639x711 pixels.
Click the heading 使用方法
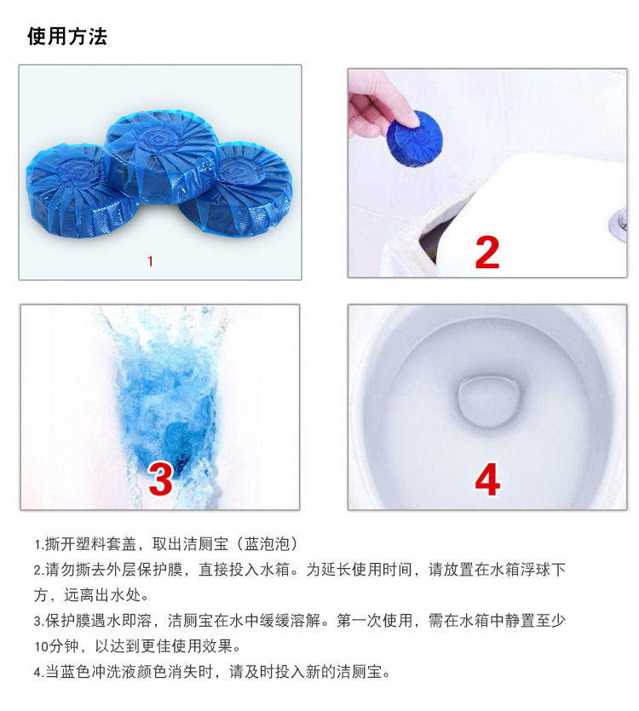click(x=67, y=37)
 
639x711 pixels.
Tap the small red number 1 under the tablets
click(x=151, y=261)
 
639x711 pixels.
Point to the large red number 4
click(x=486, y=480)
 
